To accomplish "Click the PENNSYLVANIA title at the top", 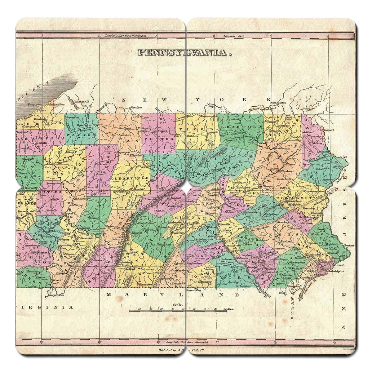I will pos(185,53).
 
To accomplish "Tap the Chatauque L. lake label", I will pos(82,101).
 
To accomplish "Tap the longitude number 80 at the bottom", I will pos(42,342).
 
